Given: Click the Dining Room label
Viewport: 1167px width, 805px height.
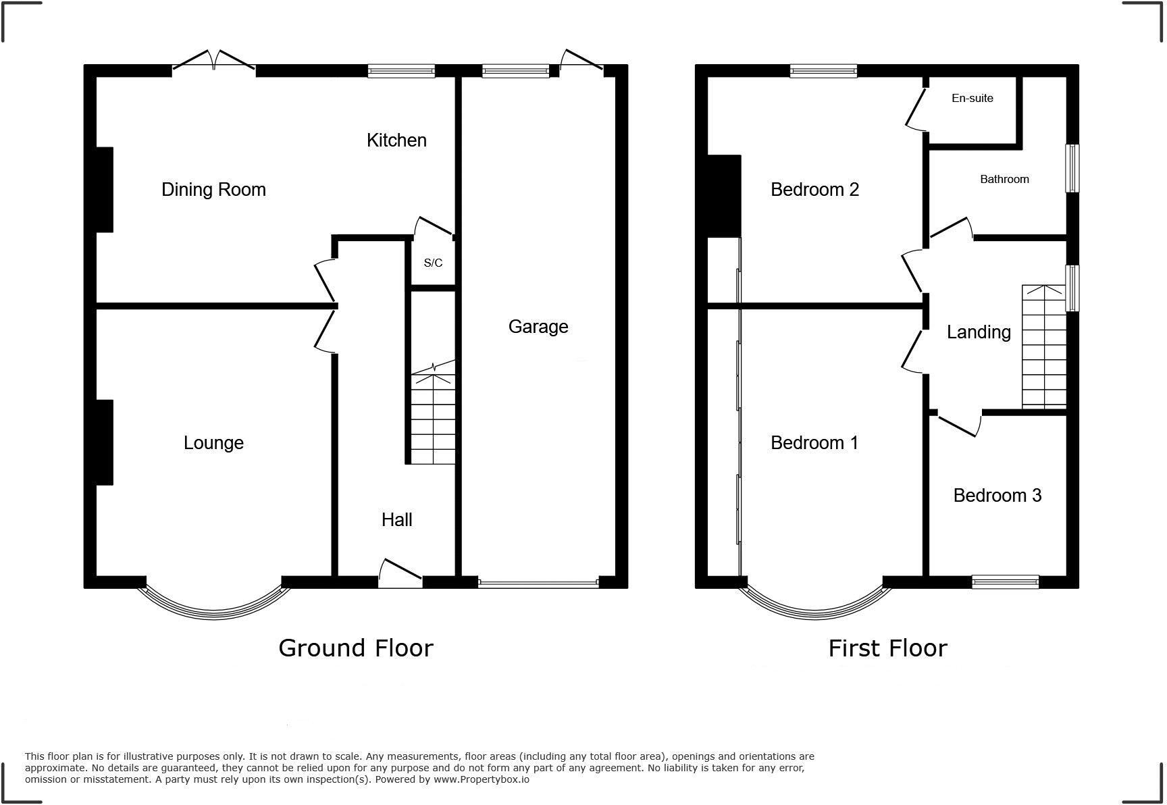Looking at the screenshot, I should pyautogui.click(x=213, y=190).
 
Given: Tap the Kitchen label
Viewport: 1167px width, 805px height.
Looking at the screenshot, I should pyautogui.click(x=396, y=140).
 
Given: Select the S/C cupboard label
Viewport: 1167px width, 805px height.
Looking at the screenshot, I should pyautogui.click(x=433, y=263).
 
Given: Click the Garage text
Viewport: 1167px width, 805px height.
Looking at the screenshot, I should pyautogui.click(x=538, y=327).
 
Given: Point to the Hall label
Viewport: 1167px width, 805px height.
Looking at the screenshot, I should pyautogui.click(x=396, y=519).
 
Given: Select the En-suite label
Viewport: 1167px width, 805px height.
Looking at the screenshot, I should pyautogui.click(x=972, y=99).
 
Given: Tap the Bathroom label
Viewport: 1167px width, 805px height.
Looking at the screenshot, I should pyautogui.click(x=1004, y=179).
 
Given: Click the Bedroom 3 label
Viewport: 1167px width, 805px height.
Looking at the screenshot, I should pyautogui.click(x=997, y=496).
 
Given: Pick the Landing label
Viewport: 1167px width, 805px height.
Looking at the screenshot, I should pyautogui.click(x=978, y=332).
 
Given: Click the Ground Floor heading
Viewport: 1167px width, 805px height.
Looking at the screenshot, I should pyautogui.click(x=355, y=648).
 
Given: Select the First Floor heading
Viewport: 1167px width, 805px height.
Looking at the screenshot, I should pyautogui.click(x=887, y=648).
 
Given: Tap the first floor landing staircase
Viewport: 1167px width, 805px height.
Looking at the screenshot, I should pyautogui.click(x=1043, y=348).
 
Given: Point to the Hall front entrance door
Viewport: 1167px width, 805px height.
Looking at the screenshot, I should pyautogui.click(x=400, y=573).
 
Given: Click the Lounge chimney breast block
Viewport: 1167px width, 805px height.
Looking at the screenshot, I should pyautogui.click(x=104, y=442).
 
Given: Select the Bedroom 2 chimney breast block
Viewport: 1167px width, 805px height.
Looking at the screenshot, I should pyautogui.click(x=724, y=196).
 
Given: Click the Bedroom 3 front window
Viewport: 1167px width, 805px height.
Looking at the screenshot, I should pyautogui.click(x=1005, y=581).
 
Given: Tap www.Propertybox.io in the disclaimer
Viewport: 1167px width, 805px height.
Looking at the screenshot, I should pyautogui.click(x=481, y=779).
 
